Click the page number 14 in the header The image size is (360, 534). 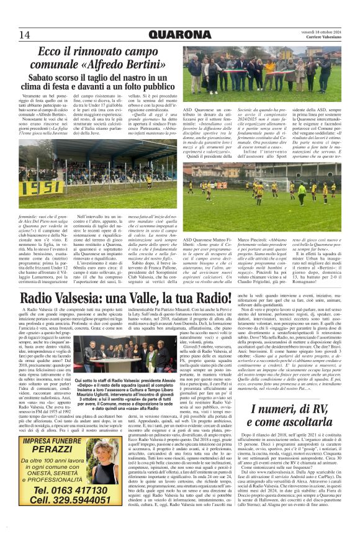[25, 33]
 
